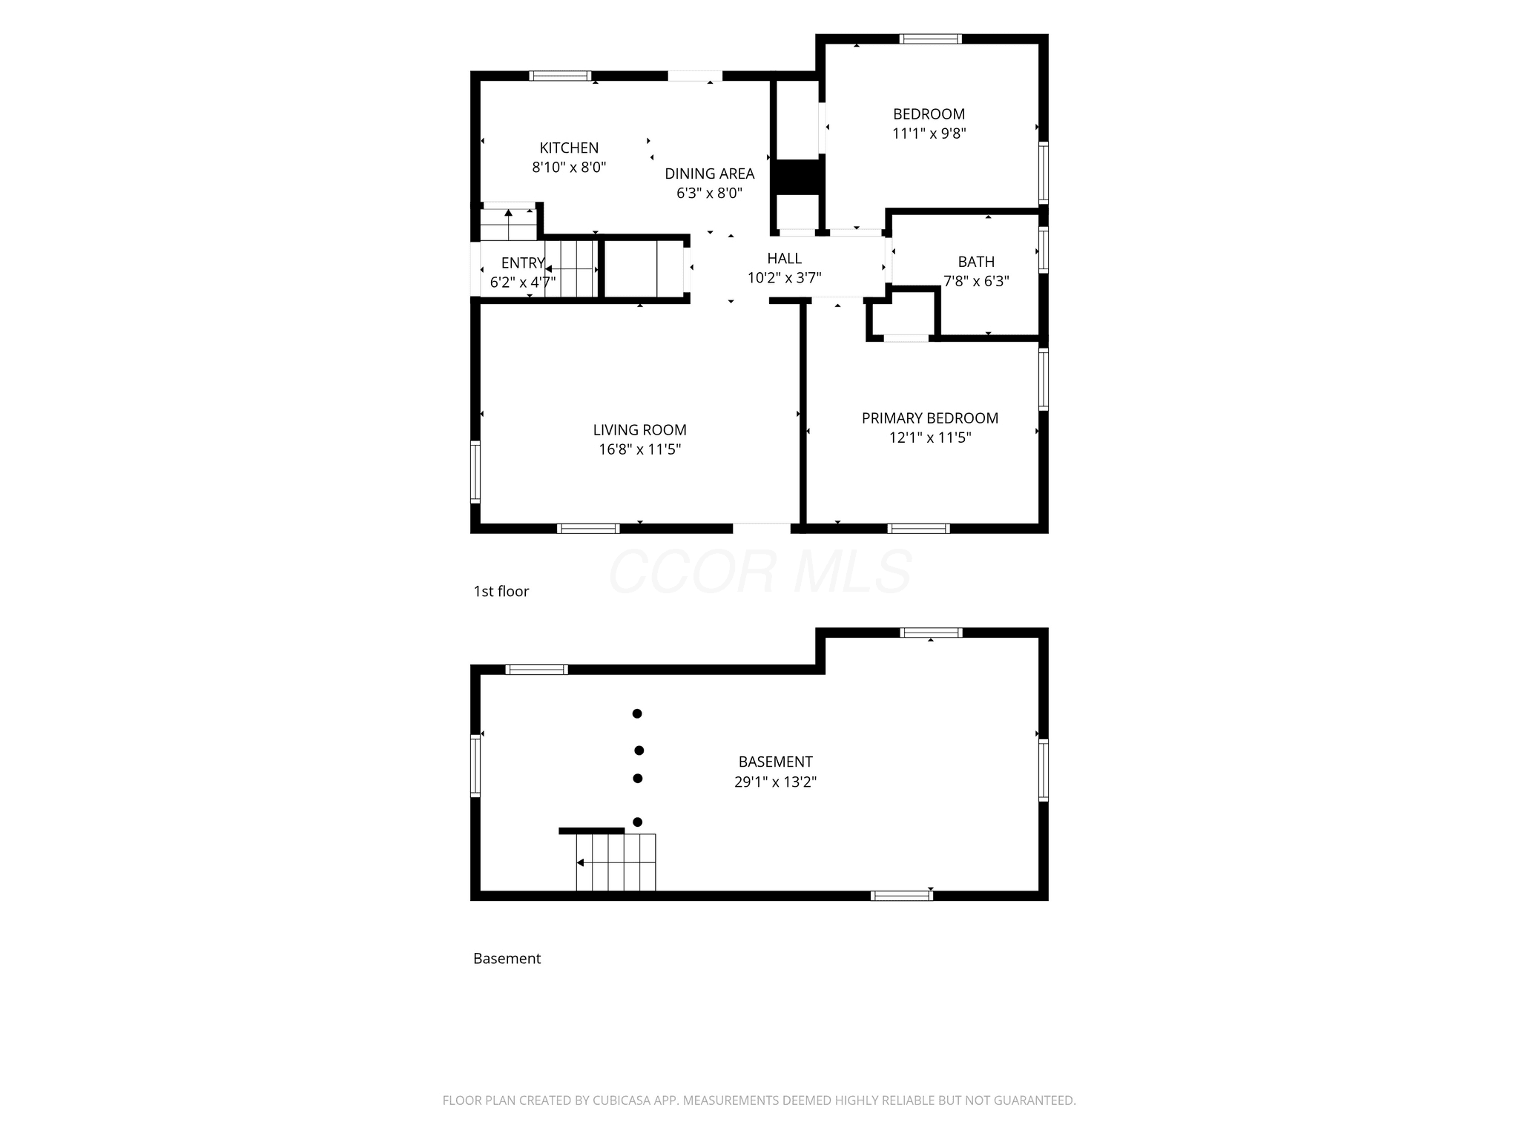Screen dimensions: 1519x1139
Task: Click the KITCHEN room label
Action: tap(569, 148)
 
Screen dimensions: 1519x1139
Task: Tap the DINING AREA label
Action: tap(710, 174)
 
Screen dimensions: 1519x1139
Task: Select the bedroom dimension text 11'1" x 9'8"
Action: tap(929, 133)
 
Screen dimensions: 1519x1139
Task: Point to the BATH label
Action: tap(976, 262)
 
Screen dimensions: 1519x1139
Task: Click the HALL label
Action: tap(784, 258)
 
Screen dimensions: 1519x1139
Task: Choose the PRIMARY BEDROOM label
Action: tap(930, 418)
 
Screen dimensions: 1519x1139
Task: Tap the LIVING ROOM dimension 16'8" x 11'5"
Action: tap(640, 449)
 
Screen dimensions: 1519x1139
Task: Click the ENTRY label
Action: tap(523, 263)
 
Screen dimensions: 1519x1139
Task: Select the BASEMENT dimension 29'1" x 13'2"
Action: tap(776, 782)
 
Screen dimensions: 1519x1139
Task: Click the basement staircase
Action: tap(616, 862)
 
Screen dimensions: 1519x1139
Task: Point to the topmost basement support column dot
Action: tap(636, 714)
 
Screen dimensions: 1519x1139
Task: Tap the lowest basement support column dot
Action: tap(637, 822)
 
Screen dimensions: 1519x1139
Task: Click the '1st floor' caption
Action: tap(501, 591)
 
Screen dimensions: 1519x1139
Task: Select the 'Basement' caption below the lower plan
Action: tap(507, 958)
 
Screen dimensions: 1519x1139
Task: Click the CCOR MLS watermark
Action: tap(759, 572)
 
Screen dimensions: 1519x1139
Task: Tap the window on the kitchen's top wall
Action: tap(560, 76)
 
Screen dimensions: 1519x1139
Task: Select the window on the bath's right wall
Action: tap(1044, 250)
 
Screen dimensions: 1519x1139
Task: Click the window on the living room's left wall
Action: tap(475, 472)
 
